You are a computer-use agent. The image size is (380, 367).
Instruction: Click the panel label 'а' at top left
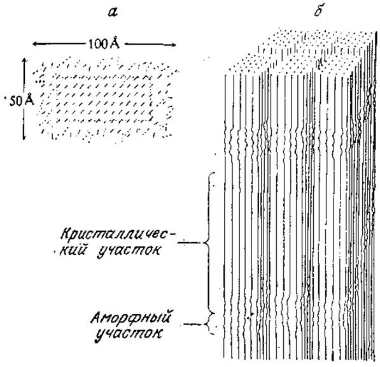[113, 13]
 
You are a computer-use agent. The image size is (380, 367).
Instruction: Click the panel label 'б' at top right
[318, 11]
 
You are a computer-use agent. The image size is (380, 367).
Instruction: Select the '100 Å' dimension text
[104, 43]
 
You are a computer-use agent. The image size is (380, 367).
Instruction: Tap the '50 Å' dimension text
[22, 100]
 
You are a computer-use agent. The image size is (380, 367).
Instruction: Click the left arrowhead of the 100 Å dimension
[34, 44]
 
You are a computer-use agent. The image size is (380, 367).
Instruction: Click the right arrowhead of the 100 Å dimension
[174, 45]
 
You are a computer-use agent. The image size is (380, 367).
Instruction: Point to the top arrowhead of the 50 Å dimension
[24, 60]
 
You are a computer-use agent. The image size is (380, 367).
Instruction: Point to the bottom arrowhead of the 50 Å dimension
[24, 138]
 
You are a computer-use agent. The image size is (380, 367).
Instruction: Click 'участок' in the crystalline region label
[128, 251]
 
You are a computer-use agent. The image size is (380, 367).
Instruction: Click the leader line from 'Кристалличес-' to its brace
[192, 242]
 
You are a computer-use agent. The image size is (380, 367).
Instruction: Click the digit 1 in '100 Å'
[91, 44]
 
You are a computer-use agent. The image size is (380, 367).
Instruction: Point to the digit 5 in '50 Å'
[12, 101]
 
